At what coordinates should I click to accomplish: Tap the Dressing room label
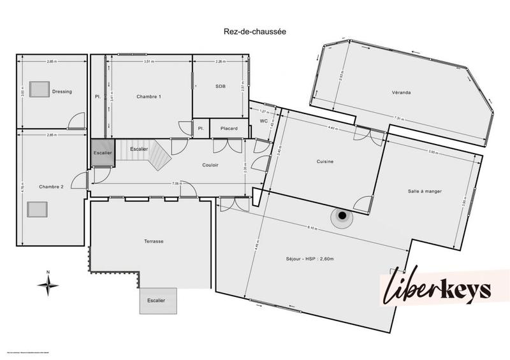[62, 92]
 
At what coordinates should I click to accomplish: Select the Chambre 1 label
[149, 96]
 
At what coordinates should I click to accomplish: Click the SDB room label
[221, 86]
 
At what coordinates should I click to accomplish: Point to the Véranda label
[401, 92]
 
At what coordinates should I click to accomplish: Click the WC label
[263, 121]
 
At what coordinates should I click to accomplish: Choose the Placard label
[229, 129]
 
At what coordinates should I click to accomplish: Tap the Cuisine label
[325, 161]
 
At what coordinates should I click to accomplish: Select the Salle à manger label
[425, 191]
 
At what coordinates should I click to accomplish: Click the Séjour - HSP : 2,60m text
[310, 259]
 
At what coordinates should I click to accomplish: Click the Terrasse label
[154, 241]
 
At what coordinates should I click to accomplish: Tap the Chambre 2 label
[51, 187]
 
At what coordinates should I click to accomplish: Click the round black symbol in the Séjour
[342, 217]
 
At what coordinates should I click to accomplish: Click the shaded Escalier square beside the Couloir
[101, 153]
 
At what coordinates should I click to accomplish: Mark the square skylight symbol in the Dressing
[40, 89]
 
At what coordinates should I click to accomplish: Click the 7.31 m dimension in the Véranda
[400, 119]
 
